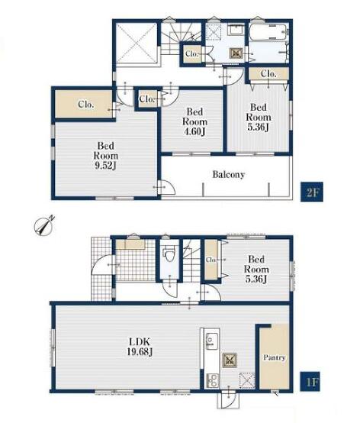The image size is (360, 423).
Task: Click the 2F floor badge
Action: point(312,192)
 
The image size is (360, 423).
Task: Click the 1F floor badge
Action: point(310,382)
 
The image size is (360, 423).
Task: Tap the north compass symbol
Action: point(44,224)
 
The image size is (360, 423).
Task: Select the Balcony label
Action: point(229,175)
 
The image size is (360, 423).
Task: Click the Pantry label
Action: point(274,357)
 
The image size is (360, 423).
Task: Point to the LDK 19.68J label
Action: point(140,347)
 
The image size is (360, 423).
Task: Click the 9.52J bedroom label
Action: point(105,156)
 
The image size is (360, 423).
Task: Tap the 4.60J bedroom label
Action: point(194,121)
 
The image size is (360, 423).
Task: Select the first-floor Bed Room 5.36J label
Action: point(256,270)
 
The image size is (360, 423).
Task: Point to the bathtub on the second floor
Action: point(268,32)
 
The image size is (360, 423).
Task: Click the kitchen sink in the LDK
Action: point(212,341)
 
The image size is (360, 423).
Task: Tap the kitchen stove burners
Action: point(212,380)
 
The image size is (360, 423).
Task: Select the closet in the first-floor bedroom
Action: point(211,260)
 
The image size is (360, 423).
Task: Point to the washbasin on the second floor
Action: point(236,30)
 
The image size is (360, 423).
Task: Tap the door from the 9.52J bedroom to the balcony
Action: point(166,186)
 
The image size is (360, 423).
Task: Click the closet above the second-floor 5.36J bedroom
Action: point(268,73)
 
